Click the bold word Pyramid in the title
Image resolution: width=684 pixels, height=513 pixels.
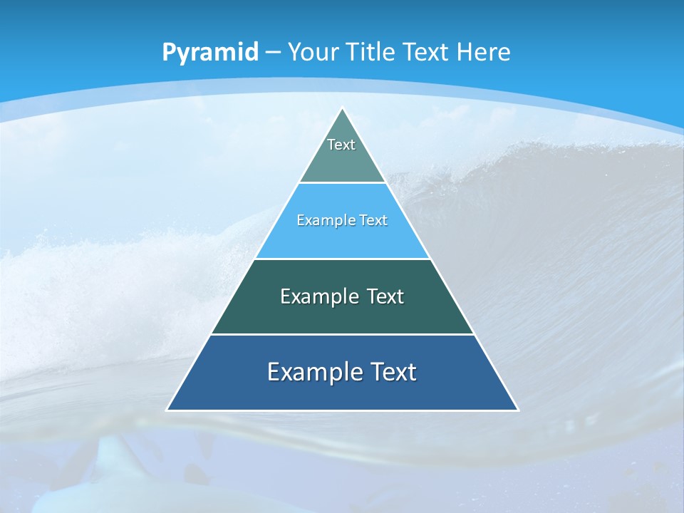[x=209, y=53]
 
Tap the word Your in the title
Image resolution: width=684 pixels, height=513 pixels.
[x=314, y=52]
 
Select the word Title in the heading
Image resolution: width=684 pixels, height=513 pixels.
[x=371, y=52]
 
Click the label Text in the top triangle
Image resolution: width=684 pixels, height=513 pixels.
[x=341, y=145]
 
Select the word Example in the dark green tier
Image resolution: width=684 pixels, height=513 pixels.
[x=318, y=296]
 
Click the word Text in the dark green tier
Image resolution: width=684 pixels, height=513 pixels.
[x=385, y=296]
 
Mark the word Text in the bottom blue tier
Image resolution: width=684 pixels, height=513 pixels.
[x=393, y=372]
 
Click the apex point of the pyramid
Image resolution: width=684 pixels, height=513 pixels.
[x=343, y=109]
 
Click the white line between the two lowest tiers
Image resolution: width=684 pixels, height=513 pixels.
[x=342, y=334]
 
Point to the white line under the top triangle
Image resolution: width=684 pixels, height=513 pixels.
[x=343, y=182]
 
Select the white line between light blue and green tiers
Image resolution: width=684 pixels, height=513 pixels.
[x=343, y=259]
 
